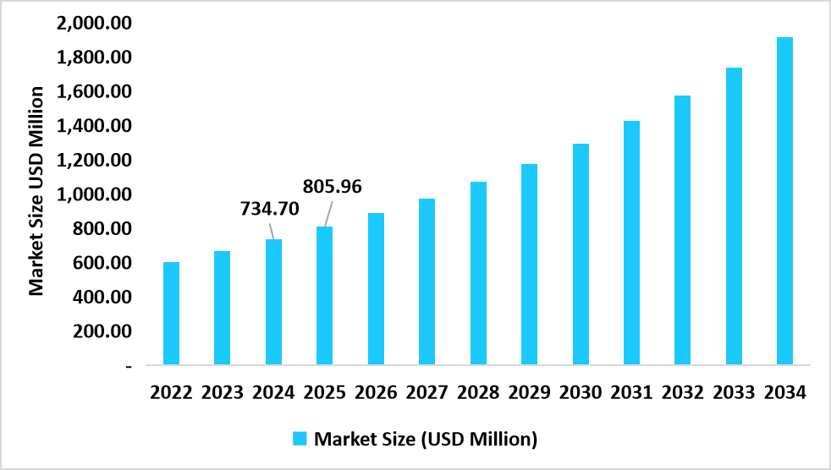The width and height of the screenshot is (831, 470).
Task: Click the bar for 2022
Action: point(171,314)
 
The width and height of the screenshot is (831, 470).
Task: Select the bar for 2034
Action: point(784,201)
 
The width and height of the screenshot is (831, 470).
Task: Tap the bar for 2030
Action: point(580,254)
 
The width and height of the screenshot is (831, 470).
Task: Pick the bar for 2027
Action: point(427,281)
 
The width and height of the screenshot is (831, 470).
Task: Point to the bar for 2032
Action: point(682,230)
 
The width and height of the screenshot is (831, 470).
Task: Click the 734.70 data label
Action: point(270,208)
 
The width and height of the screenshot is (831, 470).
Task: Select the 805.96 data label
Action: point(333,186)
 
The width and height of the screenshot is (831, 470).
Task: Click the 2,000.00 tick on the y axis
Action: point(95,23)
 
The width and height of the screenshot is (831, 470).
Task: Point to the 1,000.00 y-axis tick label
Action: point(95,194)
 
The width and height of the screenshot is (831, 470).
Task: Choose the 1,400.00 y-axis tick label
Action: point(95,126)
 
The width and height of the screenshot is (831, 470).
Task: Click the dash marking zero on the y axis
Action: point(129,366)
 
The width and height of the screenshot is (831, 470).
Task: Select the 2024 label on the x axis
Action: point(273,393)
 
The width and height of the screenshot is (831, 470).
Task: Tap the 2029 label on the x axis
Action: point(529,393)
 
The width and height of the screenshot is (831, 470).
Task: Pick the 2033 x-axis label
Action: point(733,393)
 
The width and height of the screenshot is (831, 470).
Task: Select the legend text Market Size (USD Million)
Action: point(426,439)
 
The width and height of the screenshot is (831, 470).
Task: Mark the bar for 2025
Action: point(324,296)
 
